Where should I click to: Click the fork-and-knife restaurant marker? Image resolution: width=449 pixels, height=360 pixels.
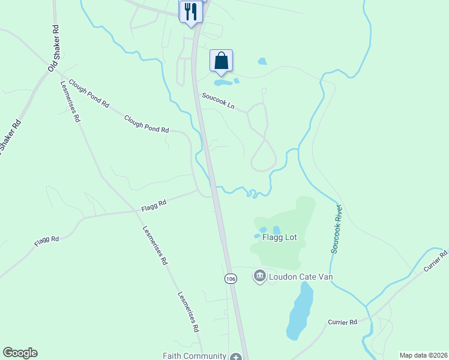point(191,12)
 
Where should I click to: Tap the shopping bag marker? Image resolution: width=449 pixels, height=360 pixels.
point(221,61)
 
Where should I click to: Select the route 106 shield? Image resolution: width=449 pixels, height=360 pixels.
point(231,278)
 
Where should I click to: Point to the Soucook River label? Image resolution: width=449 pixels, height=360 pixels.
point(337,229)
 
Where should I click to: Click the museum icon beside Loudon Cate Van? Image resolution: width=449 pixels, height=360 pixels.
point(259,276)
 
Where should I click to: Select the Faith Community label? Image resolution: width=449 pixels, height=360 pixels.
point(194,355)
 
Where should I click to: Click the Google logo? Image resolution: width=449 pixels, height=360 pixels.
point(20,353)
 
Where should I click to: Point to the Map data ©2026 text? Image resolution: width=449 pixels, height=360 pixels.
point(423,355)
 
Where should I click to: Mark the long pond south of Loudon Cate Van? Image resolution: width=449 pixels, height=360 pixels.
point(300,310)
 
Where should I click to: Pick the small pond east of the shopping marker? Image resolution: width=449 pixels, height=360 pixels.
point(262,61)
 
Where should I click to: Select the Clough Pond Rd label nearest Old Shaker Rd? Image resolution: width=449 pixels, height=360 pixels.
point(89,94)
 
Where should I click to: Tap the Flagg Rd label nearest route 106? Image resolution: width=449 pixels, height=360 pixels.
point(154,205)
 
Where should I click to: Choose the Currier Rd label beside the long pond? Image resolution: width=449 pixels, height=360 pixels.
point(343,322)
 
